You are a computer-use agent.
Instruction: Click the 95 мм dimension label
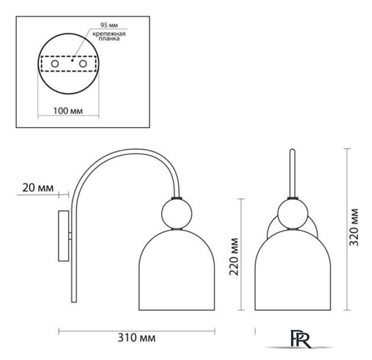(x=109, y=25)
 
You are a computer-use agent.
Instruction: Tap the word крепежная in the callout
(x=109, y=34)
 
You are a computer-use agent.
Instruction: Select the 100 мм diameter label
(x=68, y=111)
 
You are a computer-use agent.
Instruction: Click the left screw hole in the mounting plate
(x=55, y=64)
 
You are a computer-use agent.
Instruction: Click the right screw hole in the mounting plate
(x=83, y=64)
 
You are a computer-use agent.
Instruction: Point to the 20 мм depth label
(x=38, y=188)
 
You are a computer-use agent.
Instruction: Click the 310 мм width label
(x=137, y=337)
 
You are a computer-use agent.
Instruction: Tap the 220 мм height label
(x=234, y=256)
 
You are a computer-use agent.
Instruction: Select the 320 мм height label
(x=355, y=227)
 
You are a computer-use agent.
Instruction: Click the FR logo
(x=300, y=339)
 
